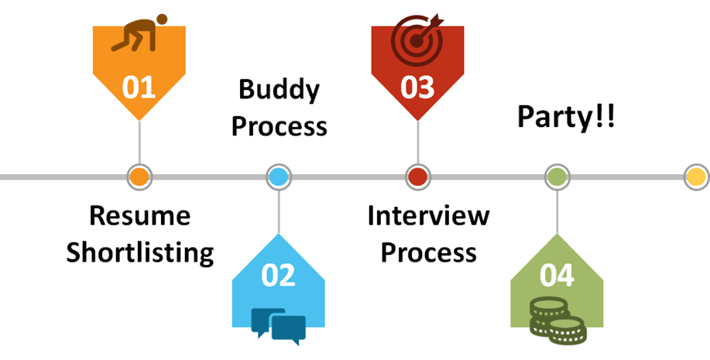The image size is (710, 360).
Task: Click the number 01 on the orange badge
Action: click(x=139, y=87)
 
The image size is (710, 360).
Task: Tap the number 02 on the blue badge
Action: click(x=279, y=276)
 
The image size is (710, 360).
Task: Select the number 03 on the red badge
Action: click(x=417, y=87)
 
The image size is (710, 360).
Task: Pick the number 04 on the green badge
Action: click(x=557, y=276)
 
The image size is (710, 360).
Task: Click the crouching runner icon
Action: click(x=139, y=33)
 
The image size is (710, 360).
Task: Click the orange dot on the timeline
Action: click(x=139, y=177)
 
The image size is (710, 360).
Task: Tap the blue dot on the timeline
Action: click(x=279, y=177)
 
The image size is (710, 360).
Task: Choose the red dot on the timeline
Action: click(x=418, y=177)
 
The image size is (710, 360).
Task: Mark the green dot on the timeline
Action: click(x=557, y=177)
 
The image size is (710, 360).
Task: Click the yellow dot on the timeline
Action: click(x=696, y=177)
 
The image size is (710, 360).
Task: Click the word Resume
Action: click(x=139, y=215)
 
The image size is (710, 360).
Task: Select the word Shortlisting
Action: click(x=139, y=252)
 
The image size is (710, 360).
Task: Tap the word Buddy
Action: click(x=279, y=91)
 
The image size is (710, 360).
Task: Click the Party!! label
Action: click(x=566, y=118)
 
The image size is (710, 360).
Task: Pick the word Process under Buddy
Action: click(x=279, y=126)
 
